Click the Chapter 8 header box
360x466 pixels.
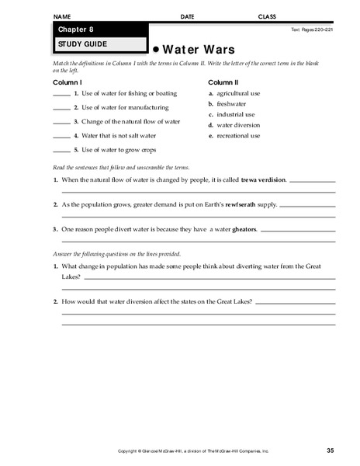[99, 30]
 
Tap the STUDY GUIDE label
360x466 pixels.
[75, 44]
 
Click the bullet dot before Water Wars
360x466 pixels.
[155, 47]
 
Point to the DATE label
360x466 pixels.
[188, 16]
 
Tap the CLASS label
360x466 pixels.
[268, 16]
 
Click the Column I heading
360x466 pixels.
[67, 81]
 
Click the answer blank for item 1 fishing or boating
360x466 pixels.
[61, 94]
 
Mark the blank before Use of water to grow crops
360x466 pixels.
[61, 150]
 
